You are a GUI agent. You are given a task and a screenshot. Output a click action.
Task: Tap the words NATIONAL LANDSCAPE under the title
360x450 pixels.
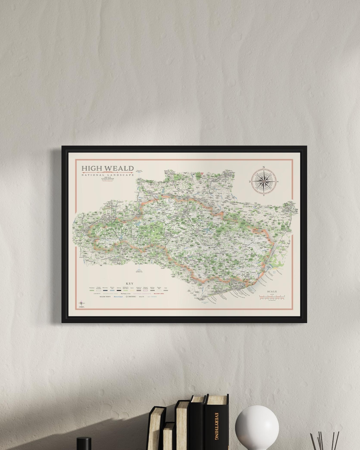(x=107, y=175)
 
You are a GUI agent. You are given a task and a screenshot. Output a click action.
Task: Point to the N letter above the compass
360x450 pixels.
(x=264, y=167)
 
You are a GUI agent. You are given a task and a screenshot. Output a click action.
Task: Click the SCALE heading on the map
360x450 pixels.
(x=272, y=292)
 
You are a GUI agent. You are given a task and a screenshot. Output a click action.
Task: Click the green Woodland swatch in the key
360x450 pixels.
(x=92, y=291)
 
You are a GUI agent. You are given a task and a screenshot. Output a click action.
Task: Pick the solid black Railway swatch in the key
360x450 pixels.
(x=119, y=291)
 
